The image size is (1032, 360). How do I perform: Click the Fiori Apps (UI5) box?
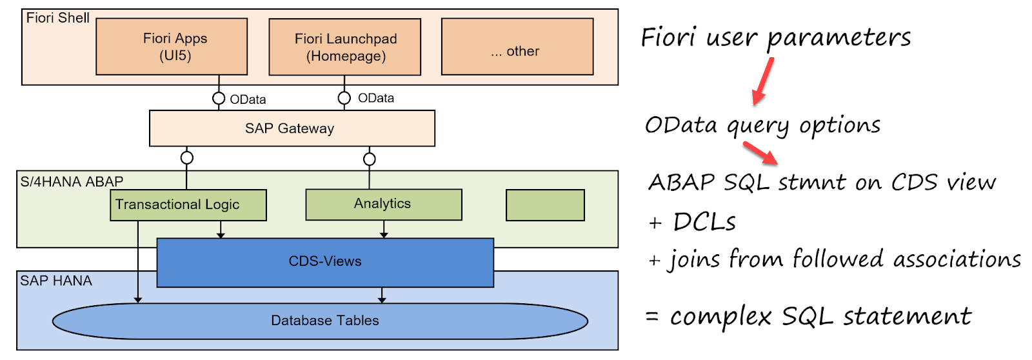(x=172, y=46)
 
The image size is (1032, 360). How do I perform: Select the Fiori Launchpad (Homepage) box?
(x=344, y=47)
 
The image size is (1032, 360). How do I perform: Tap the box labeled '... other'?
(x=517, y=47)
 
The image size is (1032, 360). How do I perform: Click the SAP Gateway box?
(x=292, y=128)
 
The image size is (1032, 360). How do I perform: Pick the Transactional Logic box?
(x=188, y=205)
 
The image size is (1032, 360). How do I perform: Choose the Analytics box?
(x=383, y=205)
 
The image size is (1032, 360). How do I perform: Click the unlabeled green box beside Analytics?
(x=545, y=205)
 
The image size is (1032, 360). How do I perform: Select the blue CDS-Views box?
(x=325, y=262)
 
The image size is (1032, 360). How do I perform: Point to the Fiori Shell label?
(x=57, y=18)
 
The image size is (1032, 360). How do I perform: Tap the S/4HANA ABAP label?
(x=72, y=182)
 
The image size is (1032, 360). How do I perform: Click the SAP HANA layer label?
(x=56, y=281)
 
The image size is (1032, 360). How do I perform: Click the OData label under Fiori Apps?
(x=248, y=99)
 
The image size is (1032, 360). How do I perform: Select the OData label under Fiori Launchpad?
(x=376, y=98)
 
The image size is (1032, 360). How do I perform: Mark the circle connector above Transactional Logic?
(x=186, y=157)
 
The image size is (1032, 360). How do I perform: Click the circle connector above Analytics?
(x=369, y=159)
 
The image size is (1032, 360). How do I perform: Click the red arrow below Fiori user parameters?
(x=763, y=81)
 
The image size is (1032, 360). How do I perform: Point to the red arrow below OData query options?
(x=760, y=154)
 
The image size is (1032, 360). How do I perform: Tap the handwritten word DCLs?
(x=704, y=222)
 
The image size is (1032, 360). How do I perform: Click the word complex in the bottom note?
(x=720, y=317)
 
